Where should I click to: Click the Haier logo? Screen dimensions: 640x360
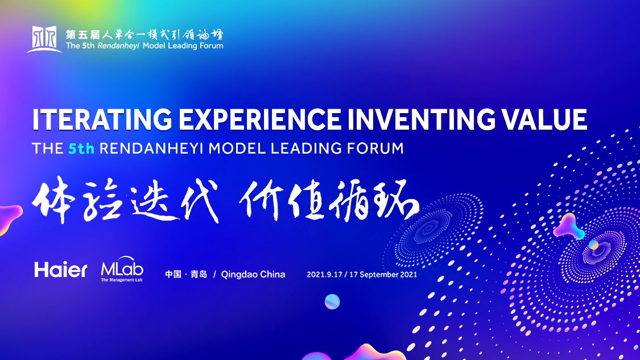[60, 270]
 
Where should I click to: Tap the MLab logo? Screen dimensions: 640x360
[122, 269]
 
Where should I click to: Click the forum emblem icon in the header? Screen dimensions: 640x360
[44, 39]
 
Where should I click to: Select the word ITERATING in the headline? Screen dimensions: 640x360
[102, 119]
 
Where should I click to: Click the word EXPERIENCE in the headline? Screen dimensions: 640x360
[260, 119]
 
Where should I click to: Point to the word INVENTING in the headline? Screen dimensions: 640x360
[422, 119]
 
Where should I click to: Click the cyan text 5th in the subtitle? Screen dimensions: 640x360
[81, 148]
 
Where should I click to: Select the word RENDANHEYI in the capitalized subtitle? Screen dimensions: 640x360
[151, 148]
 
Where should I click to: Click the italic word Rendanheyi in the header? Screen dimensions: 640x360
[118, 45]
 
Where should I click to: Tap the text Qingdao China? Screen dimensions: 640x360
[253, 274]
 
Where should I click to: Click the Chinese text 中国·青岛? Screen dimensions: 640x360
[186, 274]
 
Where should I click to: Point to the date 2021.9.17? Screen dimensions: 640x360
[324, 275]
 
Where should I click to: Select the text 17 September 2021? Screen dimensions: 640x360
[383, 275]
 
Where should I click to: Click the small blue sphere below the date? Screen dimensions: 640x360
[332, 301]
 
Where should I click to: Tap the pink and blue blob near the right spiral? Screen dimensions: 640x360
[569, 227]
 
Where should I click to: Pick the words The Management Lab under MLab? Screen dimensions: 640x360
[122, 280]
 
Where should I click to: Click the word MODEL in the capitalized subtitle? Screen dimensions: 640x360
[237, 148]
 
